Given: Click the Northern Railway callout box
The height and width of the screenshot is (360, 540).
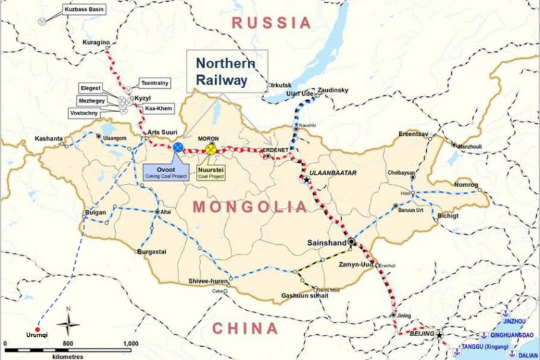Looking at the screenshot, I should click(x=226, y=71).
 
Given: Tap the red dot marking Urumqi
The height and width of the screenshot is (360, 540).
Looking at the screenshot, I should click(x=38, y=329).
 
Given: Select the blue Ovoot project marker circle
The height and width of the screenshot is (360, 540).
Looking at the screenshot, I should click(x=178, y=147).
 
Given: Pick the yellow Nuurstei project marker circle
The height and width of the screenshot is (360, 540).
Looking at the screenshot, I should click(x=211, y=149).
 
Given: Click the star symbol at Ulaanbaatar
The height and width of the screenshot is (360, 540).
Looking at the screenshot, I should click(x=307, y=180).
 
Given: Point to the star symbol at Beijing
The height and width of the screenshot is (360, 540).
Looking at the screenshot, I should click(x=440, y=335).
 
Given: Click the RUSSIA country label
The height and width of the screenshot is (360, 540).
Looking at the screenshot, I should click(x=271, y=23).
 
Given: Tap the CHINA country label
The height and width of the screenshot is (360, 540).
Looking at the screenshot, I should click(x=245, y=328).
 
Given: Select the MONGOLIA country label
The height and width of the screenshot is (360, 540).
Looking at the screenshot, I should click(x=250, y=207).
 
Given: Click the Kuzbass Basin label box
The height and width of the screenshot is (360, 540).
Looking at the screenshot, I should click(x=84, y=9).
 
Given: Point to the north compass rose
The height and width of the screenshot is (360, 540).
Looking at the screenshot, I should click(x=68, y=324).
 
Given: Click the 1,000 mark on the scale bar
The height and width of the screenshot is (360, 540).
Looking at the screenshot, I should click(x=130, y=343).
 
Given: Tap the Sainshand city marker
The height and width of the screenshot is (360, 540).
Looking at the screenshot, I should click(x=352, y=242).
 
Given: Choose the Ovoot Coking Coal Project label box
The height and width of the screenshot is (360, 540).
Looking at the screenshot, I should click(x=166, y=171).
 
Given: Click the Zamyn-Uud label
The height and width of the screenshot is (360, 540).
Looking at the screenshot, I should click(x=354, y=265).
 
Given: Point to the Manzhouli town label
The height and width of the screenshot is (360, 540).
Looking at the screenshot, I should click(x=474, y=146).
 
